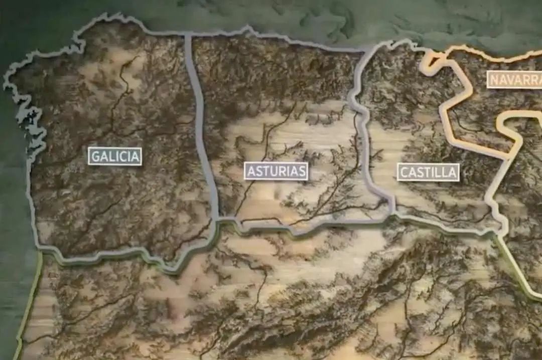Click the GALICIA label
click(x=115, y=156)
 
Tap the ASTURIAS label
click(x=276, y=171)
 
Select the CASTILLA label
click(x=428, y=172)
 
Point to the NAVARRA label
click(x=514, y=79)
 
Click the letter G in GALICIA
click(x=95, y=156)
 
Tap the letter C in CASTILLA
click(x=403, y=172)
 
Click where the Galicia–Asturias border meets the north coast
click(x=188, y=35)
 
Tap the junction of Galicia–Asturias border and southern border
click(x=217, y=220)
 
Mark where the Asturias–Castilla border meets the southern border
click(x=391, y=216)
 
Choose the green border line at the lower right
click(x=517, y=276)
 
